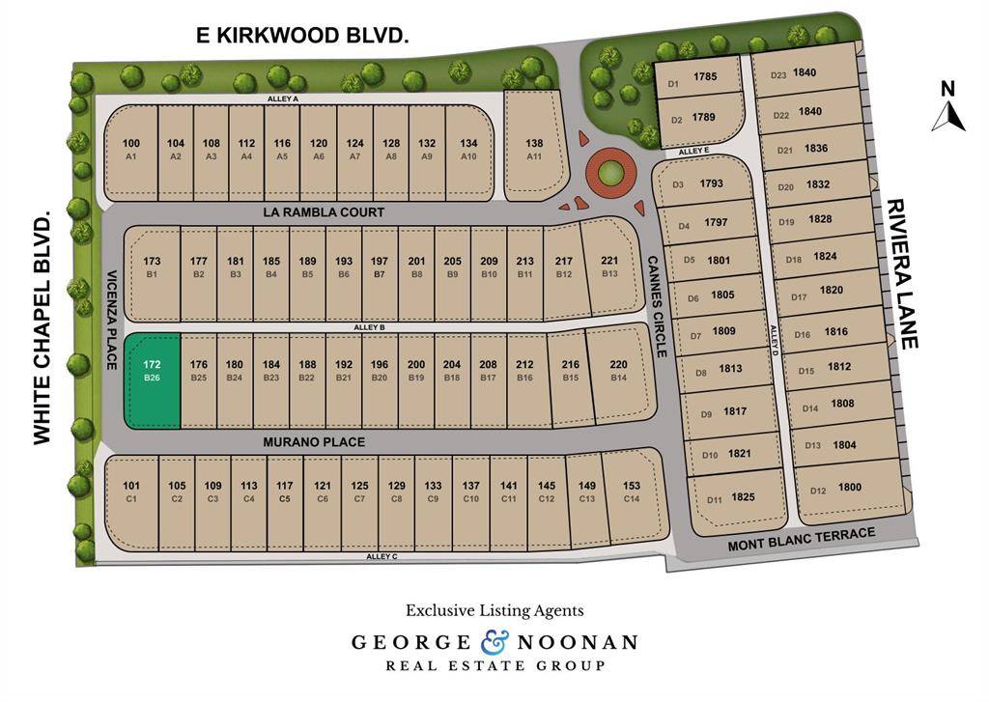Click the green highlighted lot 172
point(153,379)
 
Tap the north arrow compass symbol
point(948,108)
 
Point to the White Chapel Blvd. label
point(42,330)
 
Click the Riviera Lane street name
point(901,273)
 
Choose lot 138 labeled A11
point(534,147)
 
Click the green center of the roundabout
point(609,174)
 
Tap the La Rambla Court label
point(324,211)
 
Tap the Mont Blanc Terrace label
point(801,540)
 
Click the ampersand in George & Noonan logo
point(494,641)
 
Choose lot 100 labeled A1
point(131,148)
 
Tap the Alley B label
point(370,328)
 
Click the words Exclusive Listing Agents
point(494,610)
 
